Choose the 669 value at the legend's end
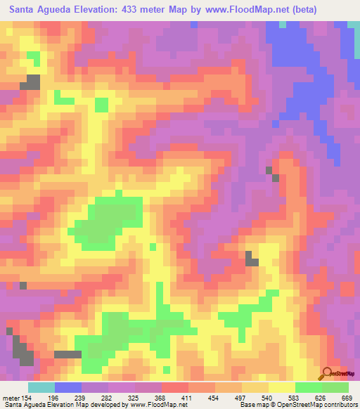(347, 397)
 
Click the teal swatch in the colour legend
(41, 387)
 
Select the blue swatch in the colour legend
(68, 387)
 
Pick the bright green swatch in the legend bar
(309, 387)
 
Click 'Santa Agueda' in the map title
(39, 10)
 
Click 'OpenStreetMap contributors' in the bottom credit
(321, 405)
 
